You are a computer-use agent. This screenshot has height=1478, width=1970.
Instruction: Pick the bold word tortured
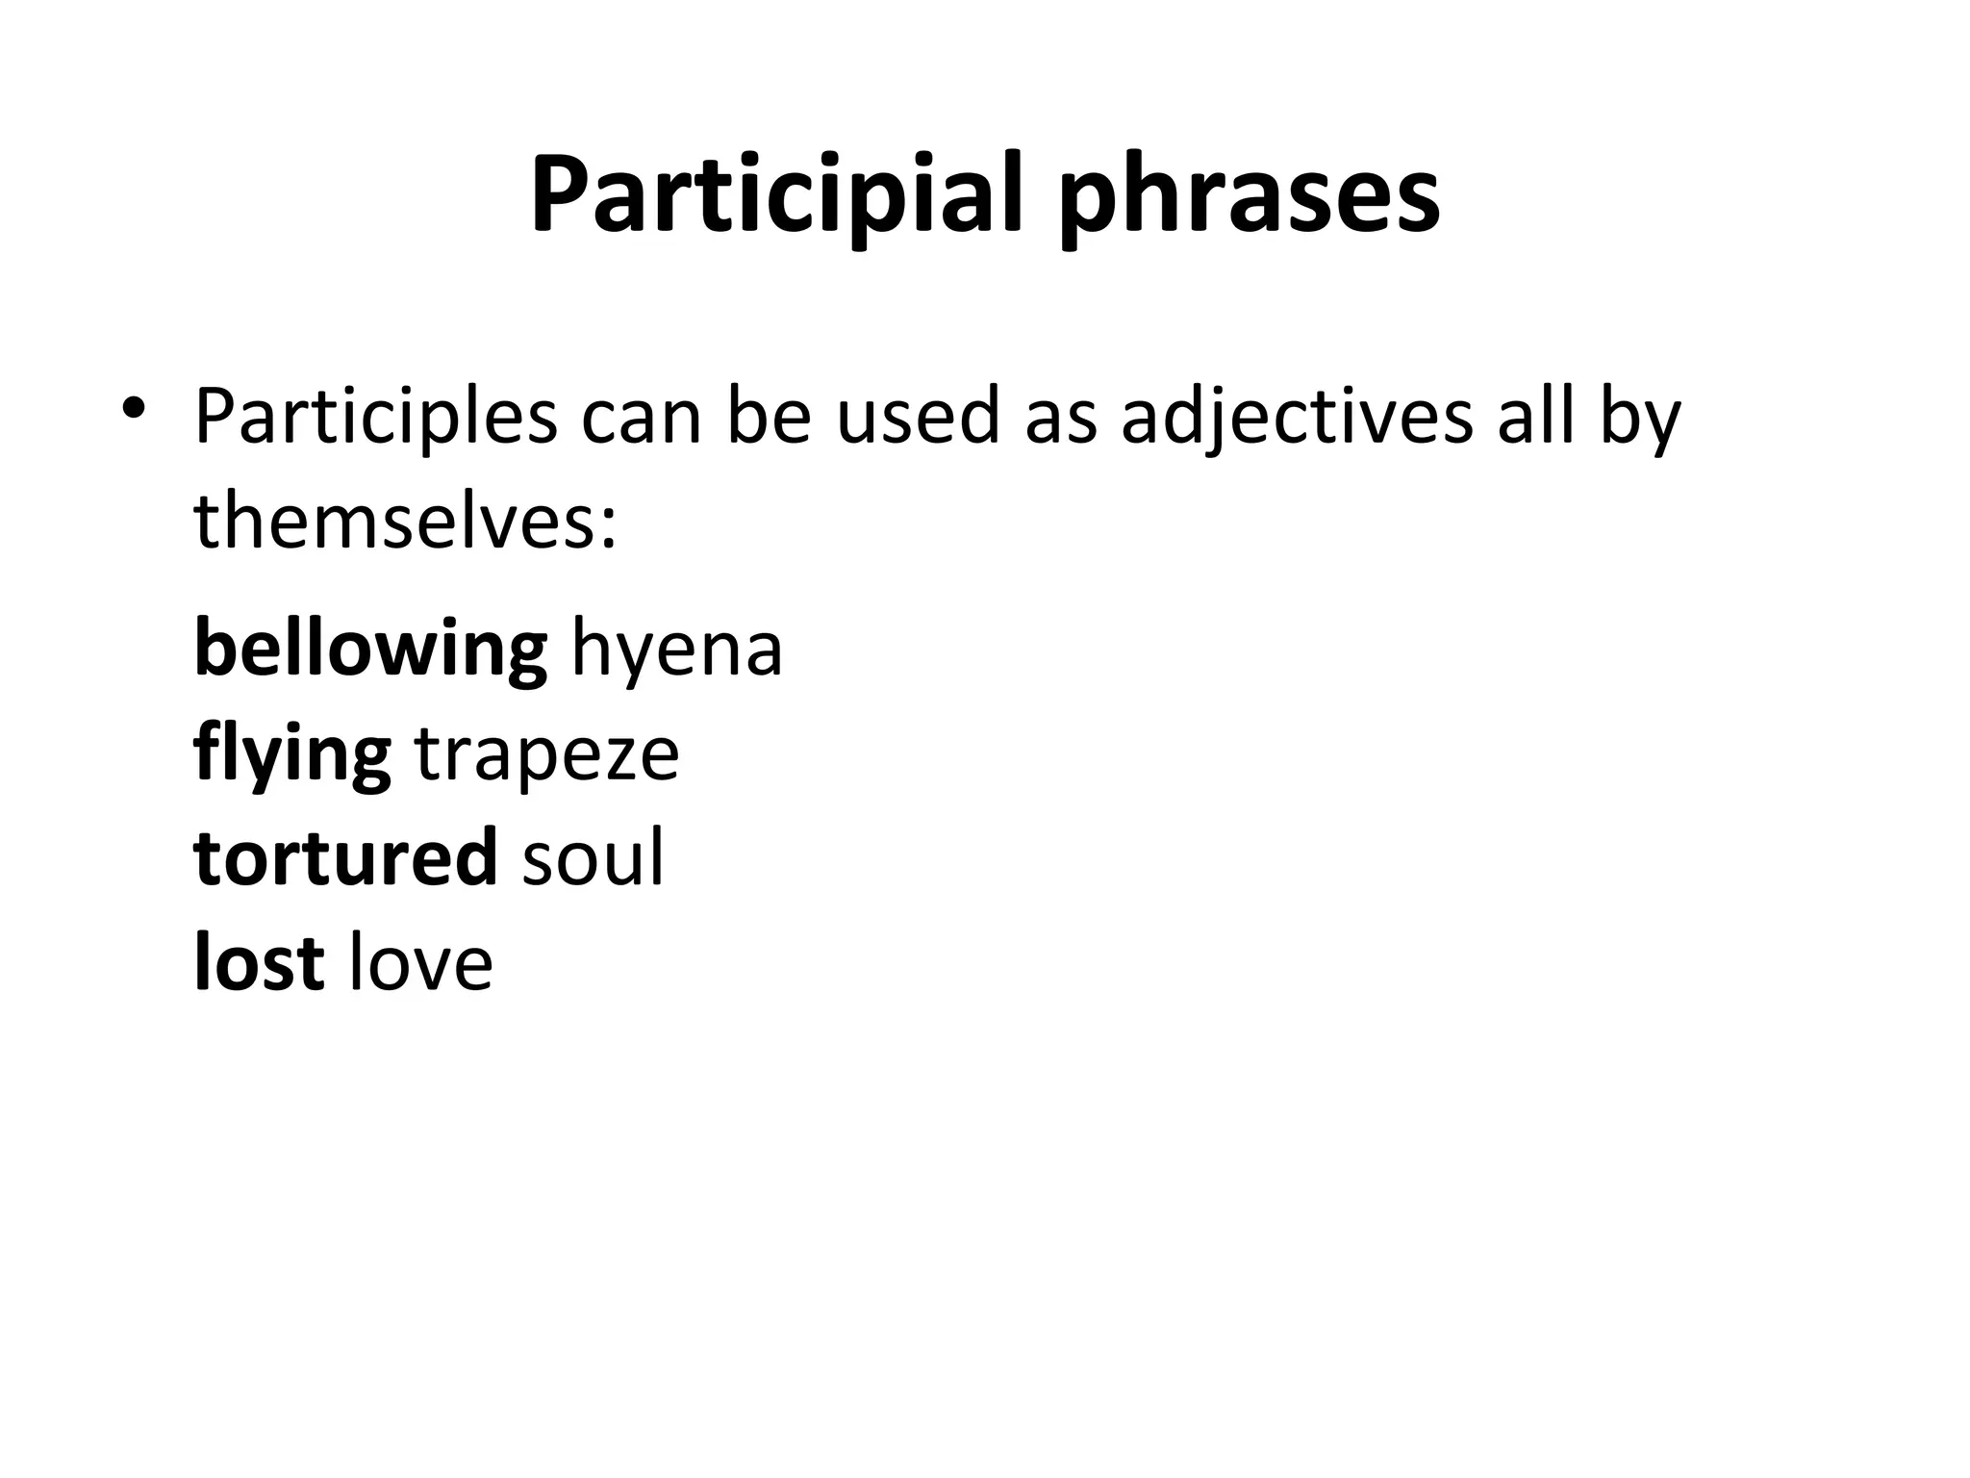click(x=345, y=857)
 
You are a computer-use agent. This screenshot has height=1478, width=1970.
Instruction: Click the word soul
click(x=593, y=857)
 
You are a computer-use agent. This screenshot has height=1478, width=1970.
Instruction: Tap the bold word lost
click(x=259, y=962)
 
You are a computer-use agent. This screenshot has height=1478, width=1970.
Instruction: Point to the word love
click(x=420, y=962)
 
